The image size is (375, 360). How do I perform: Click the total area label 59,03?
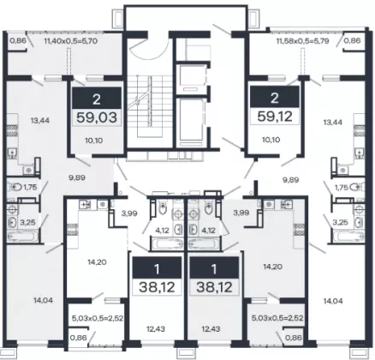[97, 117]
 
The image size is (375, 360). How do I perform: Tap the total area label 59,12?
[275, 117]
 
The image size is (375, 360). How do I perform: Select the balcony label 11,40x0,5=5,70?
[71, 41]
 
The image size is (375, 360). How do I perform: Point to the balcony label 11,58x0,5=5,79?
[302, 41]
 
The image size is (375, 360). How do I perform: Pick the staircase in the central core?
[148, 106]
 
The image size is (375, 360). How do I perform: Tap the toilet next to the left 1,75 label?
[15, 188]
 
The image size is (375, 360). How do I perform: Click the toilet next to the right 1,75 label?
[357, 187]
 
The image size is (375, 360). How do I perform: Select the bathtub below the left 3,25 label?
[22, 237]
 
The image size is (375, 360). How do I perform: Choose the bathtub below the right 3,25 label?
[348, 237]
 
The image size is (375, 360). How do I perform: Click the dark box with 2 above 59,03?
[97, 98]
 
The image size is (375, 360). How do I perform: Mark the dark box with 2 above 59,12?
[275, 97]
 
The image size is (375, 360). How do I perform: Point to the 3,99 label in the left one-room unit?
[129, 213]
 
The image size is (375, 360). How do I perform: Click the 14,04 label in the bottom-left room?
[43, 300]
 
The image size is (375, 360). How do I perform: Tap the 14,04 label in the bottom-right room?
[333, 301]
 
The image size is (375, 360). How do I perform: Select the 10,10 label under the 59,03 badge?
[94, 141]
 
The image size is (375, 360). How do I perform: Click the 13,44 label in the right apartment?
[333, 123]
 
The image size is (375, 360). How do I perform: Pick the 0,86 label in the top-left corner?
[18, 41]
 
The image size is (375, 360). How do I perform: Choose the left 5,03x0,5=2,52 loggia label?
[97, 318]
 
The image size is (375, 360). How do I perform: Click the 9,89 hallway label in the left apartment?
[77, 177]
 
